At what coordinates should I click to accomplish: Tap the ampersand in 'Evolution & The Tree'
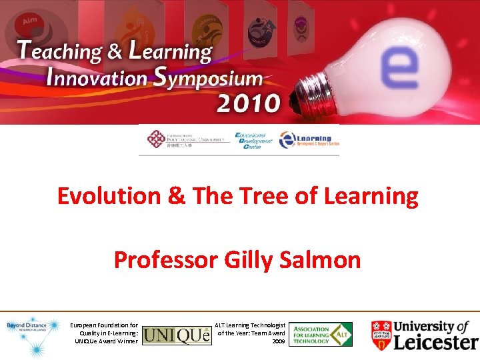pos(177,197)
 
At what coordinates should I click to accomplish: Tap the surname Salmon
pos(327,259)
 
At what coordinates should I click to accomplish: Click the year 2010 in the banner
pos(248,103)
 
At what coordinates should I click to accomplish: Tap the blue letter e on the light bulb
pos(399,71)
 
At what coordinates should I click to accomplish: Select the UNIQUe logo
pos(177,333)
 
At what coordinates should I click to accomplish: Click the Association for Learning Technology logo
pos(320,333)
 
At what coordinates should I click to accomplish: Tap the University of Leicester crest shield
pos(381,333)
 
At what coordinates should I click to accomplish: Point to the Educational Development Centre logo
pos(255,141)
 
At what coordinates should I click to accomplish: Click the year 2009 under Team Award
pos(279,341)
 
